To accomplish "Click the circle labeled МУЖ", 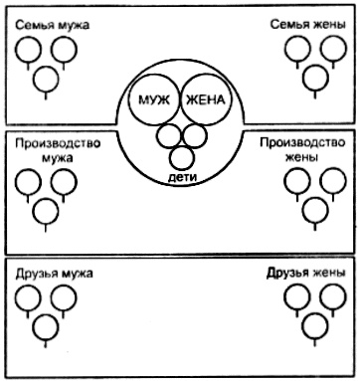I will tap(157, 102).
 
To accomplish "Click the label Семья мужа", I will tap(47, 23).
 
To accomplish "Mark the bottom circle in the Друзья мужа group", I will tap(46, 326).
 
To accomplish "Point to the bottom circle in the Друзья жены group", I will tap(315, 326).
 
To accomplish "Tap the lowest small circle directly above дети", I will tap(181, 156).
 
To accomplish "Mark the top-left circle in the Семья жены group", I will tap(297, 50).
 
